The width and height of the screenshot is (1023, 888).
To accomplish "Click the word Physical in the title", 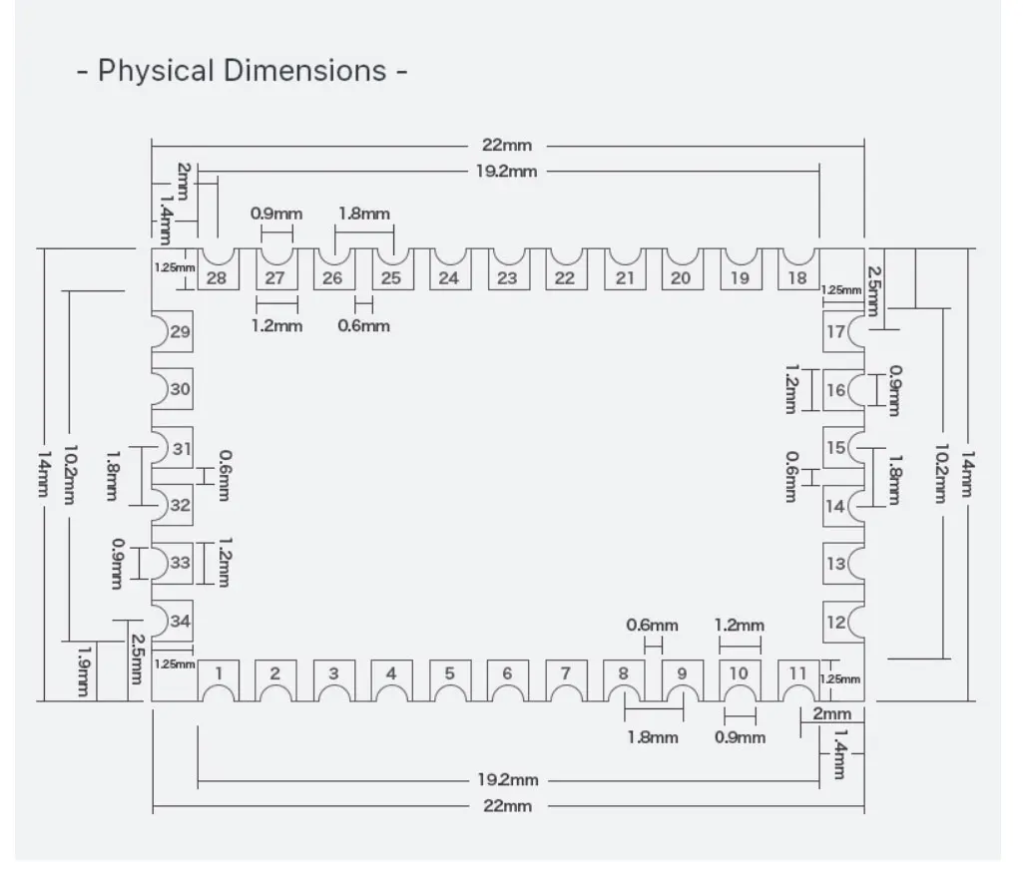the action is click(156, 71).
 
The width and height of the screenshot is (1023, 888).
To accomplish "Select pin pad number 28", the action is click(218, 268).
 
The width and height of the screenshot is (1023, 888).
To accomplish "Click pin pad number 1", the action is click(218, 680).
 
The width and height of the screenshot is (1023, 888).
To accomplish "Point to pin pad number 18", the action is click(798, 268).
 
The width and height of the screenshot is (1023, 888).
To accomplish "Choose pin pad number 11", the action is click(798, 680).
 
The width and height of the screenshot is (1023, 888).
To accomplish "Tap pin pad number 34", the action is click(173, 621).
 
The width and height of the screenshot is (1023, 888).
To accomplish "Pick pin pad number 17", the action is click(843, 331).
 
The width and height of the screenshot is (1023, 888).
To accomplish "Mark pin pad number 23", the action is click(509, 268).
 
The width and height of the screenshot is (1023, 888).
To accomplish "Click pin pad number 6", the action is click(509, 680).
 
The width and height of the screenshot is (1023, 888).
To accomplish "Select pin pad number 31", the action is click(173, 448).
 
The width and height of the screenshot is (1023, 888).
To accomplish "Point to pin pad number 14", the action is click(843, 506).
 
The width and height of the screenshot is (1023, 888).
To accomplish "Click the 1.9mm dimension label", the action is click(84, 671).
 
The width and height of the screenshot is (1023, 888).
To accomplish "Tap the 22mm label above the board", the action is click(507, 145).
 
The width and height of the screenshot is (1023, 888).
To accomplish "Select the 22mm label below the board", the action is click(508, 806).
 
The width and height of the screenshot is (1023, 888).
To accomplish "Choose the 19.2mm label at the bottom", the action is click(508, 779).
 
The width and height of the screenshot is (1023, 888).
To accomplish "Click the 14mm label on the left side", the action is click(43, 474).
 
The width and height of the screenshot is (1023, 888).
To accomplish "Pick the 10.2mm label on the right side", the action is click(941, 474).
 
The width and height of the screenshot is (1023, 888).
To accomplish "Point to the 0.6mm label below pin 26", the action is click(363, 325).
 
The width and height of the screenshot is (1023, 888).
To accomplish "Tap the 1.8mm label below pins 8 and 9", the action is click(653, 738).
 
